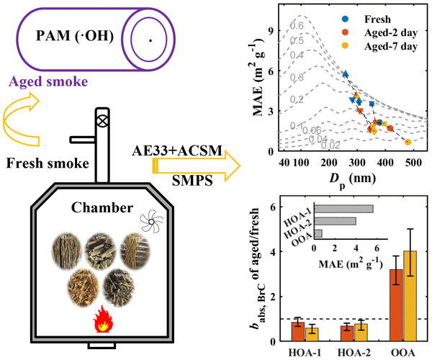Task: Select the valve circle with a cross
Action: pyautogui.click(x=102, y=121)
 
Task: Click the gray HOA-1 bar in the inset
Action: pyautogui.click(x=344, y=209)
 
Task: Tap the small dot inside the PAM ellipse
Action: pyautogui.click(x=150, y=41)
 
